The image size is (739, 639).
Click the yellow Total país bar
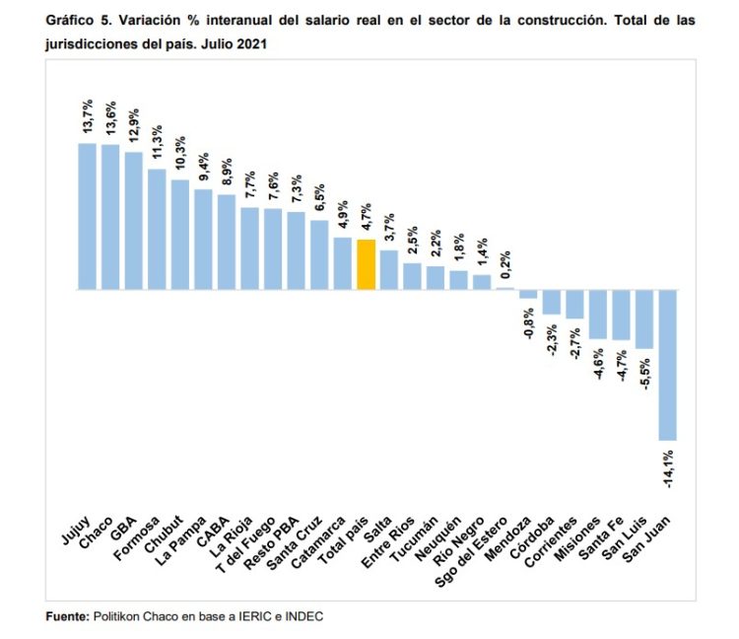coord(366,264)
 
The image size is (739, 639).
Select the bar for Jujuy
coord(87,217)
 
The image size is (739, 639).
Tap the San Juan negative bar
coord(667,365)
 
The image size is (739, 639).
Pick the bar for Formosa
coord(157,230)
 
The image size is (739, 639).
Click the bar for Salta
coord(389,270)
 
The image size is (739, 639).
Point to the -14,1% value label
coord(668,469)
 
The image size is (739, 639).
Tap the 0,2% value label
coord(504,264)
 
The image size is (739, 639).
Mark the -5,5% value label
coord(643,377)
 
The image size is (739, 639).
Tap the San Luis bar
coord(644,319)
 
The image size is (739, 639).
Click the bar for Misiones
coord(597,315)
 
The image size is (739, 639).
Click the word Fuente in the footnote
coord(67,616)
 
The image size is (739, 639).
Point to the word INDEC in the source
coord(303,616)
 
